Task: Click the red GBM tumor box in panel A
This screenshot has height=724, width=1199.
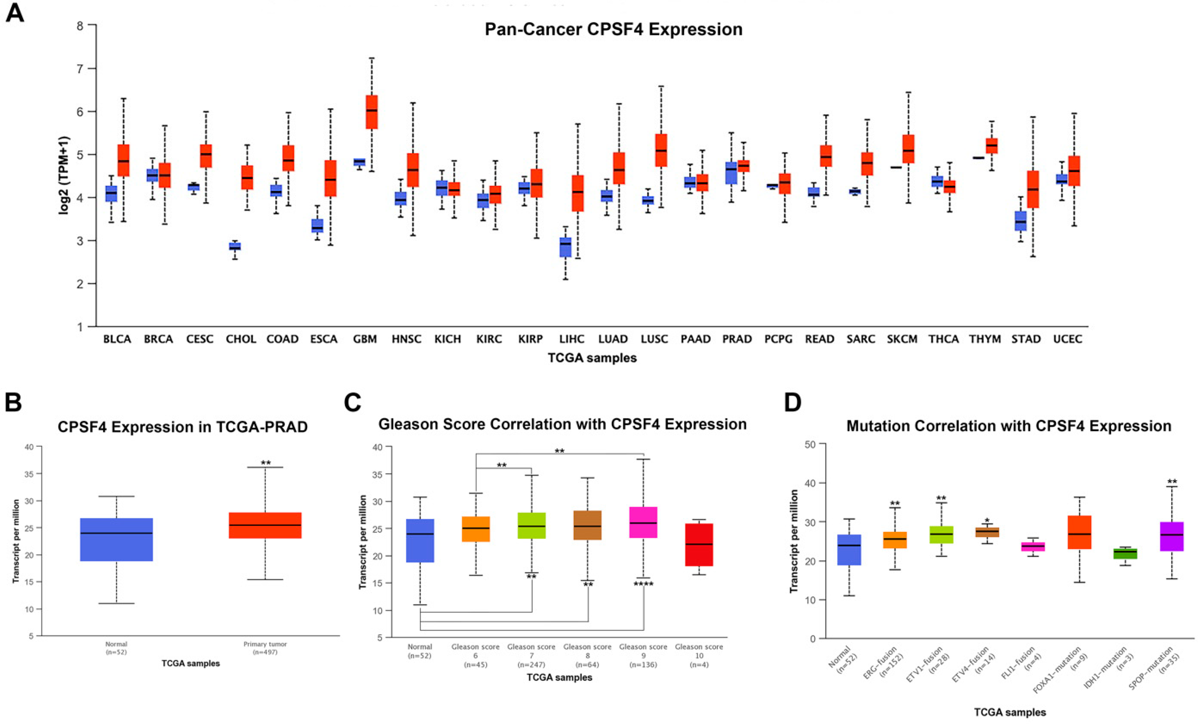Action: tap(372, 112)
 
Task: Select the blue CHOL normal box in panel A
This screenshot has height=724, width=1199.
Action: tap(235, 246)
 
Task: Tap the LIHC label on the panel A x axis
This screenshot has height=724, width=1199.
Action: tap(572, 339)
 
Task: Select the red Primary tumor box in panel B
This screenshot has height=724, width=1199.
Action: tap(265, 525)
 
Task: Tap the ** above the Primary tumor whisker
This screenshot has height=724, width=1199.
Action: tap(266, 462)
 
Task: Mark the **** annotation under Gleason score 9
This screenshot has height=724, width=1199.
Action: tap(643, 584)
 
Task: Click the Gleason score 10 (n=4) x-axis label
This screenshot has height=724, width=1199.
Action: tap(699, 655)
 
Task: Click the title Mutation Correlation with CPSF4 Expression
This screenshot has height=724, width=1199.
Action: tap(1009, 426)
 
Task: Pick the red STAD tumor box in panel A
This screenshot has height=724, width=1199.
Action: tap(1032, 189)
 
